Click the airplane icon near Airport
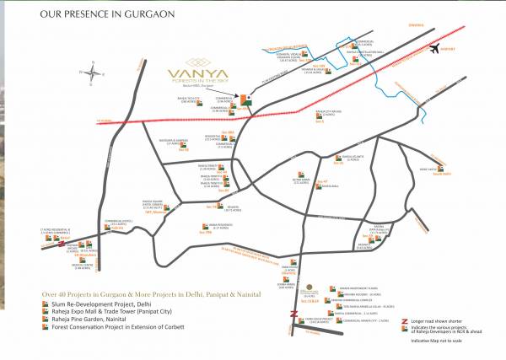point(435,48)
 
